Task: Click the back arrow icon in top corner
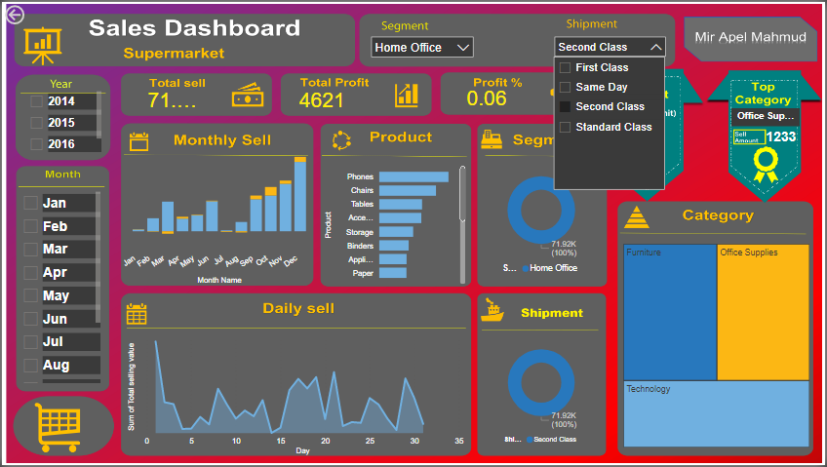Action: [15, 14]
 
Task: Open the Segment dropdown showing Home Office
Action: [421, 47]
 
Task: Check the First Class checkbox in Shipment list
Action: [565, 67]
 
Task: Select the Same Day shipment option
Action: [565, 87]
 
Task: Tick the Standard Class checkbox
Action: [565, 127]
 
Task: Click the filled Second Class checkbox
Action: [565, 106]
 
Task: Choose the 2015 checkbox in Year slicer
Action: [37, 123]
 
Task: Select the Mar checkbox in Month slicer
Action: [30, 249]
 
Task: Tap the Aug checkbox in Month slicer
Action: [30, 366]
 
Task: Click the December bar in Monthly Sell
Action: [300, 195]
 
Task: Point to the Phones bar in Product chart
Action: [413, 176]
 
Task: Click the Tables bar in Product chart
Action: [400, 205]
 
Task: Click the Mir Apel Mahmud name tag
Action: [749, 38]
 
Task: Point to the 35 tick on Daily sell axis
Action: [459, 441]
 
